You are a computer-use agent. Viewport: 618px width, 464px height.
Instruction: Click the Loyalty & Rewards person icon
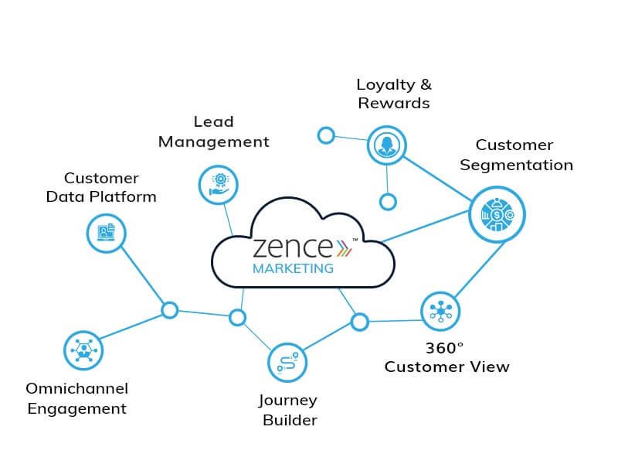point(385,145)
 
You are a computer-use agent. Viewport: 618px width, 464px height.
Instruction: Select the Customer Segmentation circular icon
point(497,213)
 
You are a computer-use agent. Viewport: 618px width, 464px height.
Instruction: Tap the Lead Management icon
point(218,184)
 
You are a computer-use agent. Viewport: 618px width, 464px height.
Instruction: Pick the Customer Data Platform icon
point(106,231)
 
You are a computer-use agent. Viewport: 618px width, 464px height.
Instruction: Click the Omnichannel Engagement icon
point(83,350)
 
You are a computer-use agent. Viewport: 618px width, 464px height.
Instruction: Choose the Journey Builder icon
point(287,362)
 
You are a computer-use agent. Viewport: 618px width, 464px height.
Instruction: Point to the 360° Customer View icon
point(440,311)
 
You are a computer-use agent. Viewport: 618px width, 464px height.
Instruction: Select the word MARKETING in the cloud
point(294,269)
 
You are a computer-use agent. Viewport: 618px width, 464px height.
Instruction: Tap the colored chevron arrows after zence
point(342,247)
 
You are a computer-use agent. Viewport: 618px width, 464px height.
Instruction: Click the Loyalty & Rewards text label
point(393,93)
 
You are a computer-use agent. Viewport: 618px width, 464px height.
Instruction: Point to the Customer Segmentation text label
point(514,155)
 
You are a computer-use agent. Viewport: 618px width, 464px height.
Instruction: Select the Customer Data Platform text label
point(101,188)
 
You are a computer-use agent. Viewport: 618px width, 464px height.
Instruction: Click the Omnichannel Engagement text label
point(76,398)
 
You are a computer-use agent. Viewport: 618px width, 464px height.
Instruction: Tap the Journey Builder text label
point(288,410)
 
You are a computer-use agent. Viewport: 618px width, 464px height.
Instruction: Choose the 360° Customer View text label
point(447,357)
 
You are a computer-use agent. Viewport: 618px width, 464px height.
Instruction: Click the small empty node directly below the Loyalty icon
point(388,202)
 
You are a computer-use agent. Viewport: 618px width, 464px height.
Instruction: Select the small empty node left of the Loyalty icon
point(326,135)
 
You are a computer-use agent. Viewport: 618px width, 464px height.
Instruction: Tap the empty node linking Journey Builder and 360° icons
point(359,322)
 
